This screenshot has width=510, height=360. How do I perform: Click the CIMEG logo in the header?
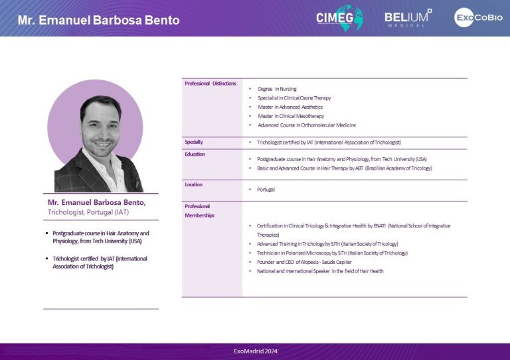point(339,18)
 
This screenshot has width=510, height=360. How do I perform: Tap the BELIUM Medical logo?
point(408,18)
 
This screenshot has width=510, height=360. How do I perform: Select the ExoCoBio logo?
point(478,17)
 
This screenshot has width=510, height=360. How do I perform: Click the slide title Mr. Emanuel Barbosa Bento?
point(98,20)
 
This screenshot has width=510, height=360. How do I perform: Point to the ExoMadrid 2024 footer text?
point(256,351)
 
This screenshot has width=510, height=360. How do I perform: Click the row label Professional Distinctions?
point(211,84)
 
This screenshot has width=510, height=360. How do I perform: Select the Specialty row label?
point(194,142)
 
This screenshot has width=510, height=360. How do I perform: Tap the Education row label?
point(195,154)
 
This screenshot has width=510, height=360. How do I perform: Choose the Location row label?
point(193,184)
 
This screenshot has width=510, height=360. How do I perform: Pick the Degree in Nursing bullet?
point(277,89)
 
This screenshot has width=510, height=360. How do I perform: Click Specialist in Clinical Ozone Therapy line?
point(294,97)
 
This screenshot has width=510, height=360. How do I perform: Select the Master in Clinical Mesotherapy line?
point(291,116)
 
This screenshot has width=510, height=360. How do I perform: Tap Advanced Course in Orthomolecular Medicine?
point(307,125)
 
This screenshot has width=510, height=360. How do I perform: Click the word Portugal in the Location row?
point(266,190)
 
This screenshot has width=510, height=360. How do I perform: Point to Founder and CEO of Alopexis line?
point(304,262)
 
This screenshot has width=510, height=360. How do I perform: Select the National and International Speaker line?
point(320,271)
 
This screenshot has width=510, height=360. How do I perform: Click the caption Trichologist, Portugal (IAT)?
point(88,212)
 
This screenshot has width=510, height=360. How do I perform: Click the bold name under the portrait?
point(96,202)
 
